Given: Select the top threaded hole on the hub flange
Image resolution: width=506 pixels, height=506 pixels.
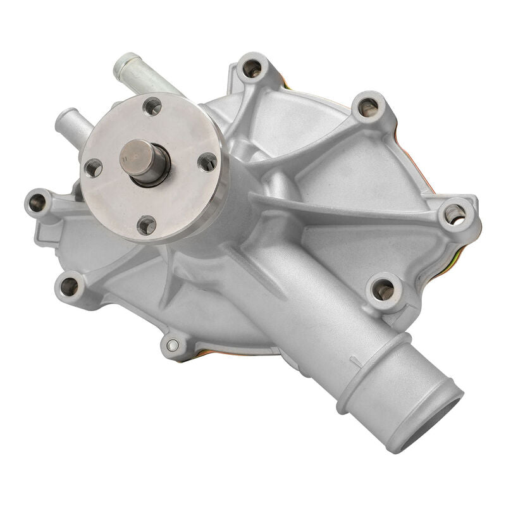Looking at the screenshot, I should coord(152,106).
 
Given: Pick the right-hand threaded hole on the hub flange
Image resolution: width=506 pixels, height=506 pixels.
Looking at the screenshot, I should coord(207,163).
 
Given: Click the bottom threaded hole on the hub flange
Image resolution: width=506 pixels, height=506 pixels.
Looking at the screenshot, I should coord(147,224).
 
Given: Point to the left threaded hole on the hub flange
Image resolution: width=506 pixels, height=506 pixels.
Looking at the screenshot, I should coord(93,168).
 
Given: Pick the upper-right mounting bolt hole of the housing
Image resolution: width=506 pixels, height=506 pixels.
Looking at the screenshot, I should coord(368,107).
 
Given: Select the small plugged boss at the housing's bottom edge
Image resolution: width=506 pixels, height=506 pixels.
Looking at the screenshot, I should coord(172,345).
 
